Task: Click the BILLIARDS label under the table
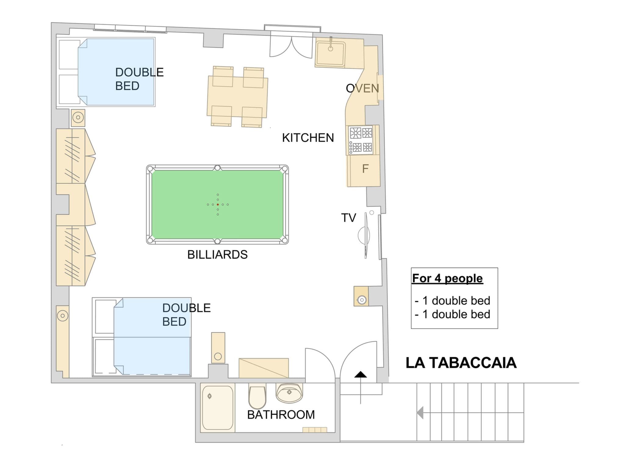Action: point(217,254)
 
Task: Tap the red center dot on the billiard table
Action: point(218,205)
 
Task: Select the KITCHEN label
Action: point(308,138)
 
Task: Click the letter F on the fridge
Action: point(365,169)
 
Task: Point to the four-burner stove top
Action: point(361,140)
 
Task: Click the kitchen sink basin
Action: point(331,54)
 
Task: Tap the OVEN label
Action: point(362,88)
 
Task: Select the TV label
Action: point(349,218)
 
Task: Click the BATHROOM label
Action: point(281,415)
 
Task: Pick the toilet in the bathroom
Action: point(257,396)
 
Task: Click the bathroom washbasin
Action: point(289,393)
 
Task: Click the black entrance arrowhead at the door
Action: point(360,374)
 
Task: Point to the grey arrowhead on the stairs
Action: point(420,413)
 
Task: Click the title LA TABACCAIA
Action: point(461,363)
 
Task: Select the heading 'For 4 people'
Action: point(447,278)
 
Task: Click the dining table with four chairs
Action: point(237,96)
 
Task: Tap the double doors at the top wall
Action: point(292,46)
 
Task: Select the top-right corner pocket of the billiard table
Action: point(284,169)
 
